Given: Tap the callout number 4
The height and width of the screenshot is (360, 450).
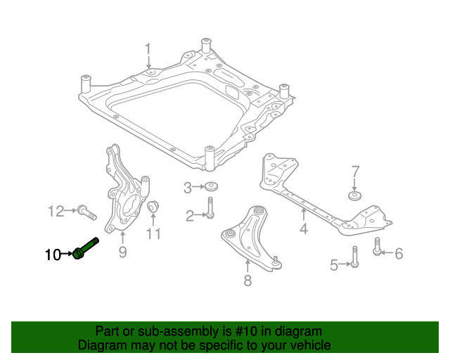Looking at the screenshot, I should [303, 229].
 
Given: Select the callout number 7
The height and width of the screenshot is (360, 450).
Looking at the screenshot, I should [355, 171].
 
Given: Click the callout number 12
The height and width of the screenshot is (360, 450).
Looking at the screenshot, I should [56, 210].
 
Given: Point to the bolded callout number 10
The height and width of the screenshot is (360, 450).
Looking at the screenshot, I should [53, 255].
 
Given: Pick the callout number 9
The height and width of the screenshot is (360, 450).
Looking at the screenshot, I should [122, 252].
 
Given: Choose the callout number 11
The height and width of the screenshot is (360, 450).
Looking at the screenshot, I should [154, 233].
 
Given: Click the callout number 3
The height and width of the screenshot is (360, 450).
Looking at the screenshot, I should [188, 187].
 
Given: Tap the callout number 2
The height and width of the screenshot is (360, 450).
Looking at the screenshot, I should [190, 216].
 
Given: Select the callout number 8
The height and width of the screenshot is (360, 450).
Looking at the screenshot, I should [247, 281].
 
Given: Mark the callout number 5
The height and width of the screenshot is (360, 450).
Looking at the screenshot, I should [335, 264].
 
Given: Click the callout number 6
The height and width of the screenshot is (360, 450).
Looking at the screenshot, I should [399, 253].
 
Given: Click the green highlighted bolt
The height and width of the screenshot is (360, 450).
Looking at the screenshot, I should [86, 247].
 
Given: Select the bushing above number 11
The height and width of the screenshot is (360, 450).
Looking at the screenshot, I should [154, 207].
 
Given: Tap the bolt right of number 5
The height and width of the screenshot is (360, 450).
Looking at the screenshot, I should [355, 257].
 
